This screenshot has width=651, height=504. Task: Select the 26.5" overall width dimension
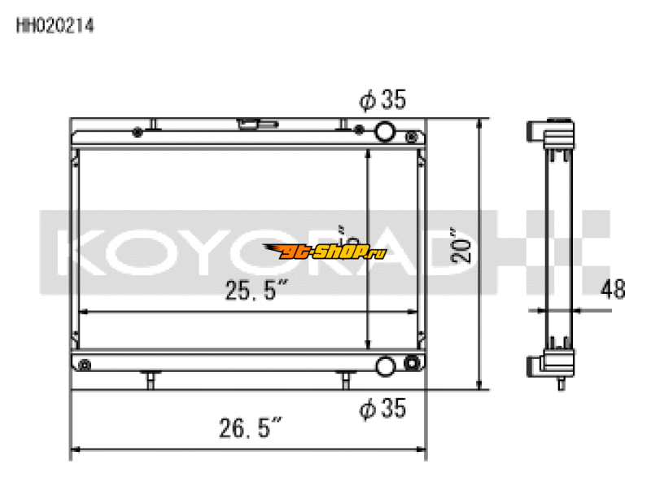(x=252, y=427)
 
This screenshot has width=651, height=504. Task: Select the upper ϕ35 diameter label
(x=382, y=100)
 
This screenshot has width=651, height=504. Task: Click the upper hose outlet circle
(x=385, y=130)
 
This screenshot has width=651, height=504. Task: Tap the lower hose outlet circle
(x=387, y=366)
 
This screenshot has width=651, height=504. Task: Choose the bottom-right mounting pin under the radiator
(x=346, y=379)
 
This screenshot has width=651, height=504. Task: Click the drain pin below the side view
(x=561, y=382)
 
